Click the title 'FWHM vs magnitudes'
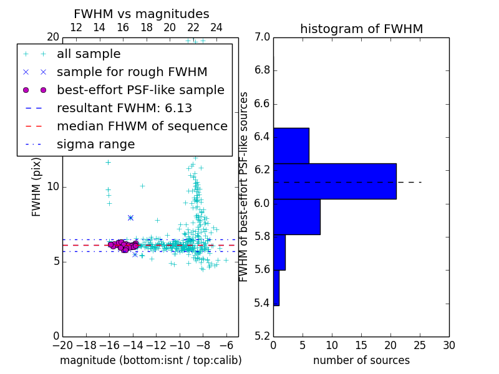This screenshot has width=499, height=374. (x=141, y=14)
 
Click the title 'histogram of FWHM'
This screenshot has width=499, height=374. (x=361, y=29)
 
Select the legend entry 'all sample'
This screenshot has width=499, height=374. (x=89, y=54)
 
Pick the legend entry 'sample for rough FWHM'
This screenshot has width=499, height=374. (x=132, y=72)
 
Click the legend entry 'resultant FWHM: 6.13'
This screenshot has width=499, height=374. (x=124, y=108)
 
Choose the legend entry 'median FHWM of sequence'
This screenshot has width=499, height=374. (x=142, y=127)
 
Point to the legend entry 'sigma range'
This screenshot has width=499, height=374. (x=95, y=145)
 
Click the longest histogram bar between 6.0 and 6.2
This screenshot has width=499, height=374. (x=334, y=181)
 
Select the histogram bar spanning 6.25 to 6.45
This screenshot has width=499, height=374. (x=291, y=145)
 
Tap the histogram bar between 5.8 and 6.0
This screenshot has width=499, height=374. (x=296, y=217)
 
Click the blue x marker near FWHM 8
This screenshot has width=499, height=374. (x=130, y=218)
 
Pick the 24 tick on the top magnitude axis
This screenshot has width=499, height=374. (x=216, y=28)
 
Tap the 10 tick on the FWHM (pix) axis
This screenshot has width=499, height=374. (x=54, y=187)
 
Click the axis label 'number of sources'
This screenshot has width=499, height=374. (x=361, y=360)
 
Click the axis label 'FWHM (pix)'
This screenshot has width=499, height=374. (x=37, y=186)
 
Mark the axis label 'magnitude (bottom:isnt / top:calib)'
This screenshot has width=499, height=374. (x=150, y=360)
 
